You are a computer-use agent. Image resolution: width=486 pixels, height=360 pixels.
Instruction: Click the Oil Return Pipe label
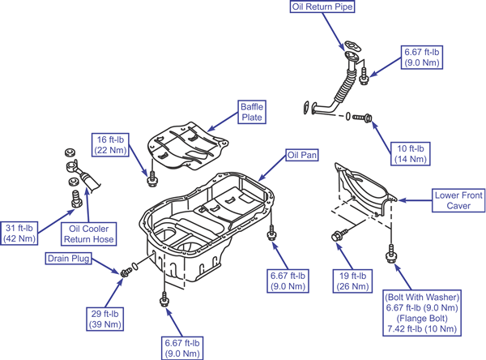point(321,7)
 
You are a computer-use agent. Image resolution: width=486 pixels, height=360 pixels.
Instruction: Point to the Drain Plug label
point(68,259)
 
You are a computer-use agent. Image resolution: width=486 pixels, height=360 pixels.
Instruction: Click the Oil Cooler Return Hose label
point(88,234)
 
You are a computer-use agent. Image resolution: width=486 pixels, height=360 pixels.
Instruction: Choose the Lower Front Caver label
point(457,200)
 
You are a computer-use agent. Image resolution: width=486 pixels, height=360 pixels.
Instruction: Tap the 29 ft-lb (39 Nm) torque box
point(107,319)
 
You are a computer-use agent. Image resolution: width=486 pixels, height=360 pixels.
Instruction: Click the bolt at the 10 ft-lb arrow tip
point(365,118)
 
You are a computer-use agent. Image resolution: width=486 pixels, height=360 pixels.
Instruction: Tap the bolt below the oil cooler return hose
point(78,197)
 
